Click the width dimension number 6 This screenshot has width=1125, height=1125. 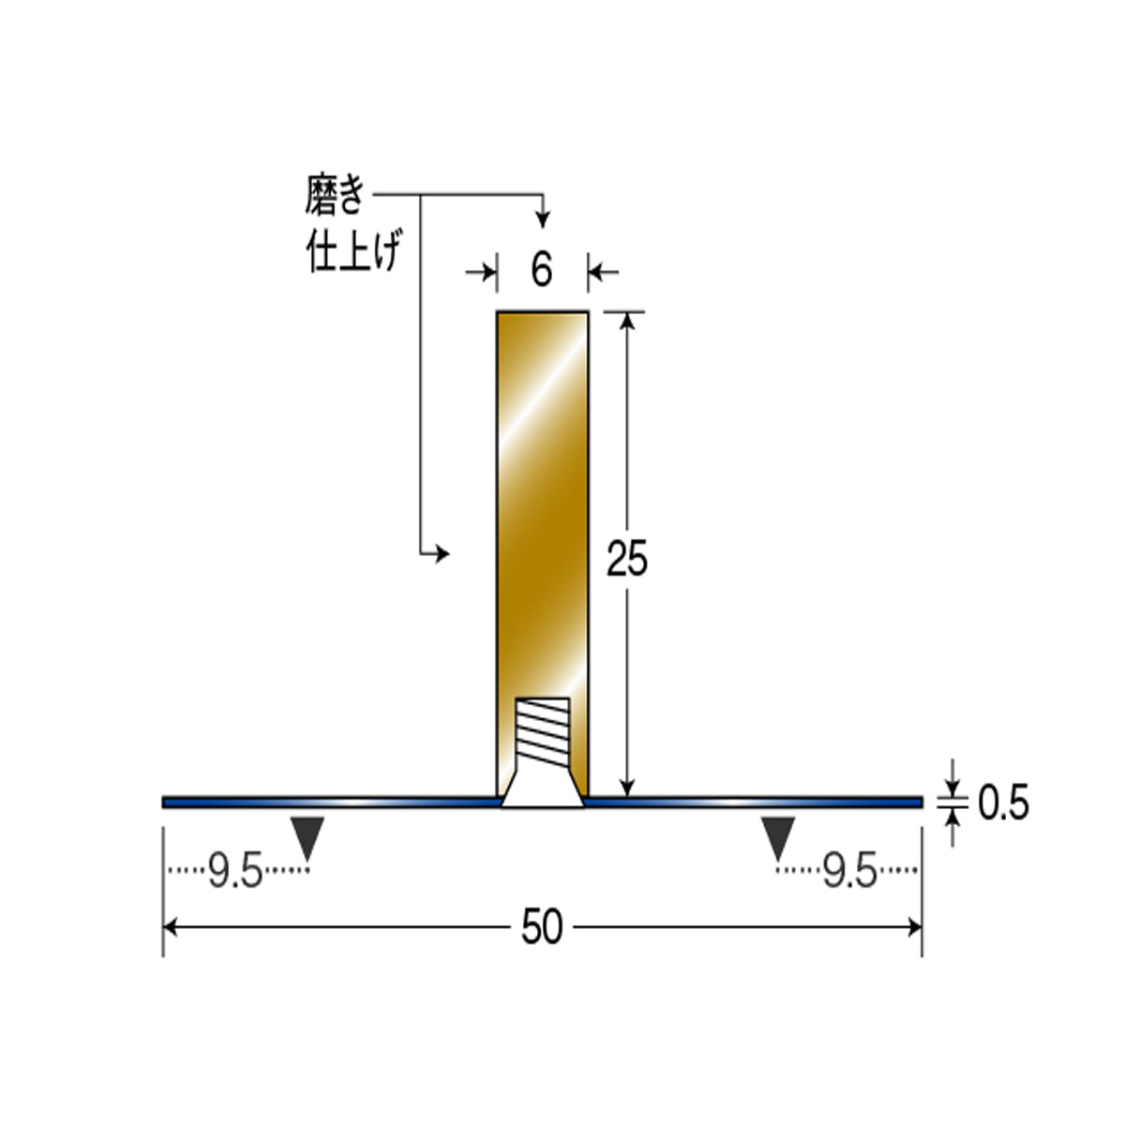(541, 271)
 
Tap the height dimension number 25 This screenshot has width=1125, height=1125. (627, 559)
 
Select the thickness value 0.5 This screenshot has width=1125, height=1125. (1003, 803)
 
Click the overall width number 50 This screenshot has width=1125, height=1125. (542, 927)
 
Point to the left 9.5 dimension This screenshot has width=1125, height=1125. (235, 871)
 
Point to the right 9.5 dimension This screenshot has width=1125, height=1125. (849, 871)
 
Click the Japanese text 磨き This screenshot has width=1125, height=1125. (335, 195)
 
